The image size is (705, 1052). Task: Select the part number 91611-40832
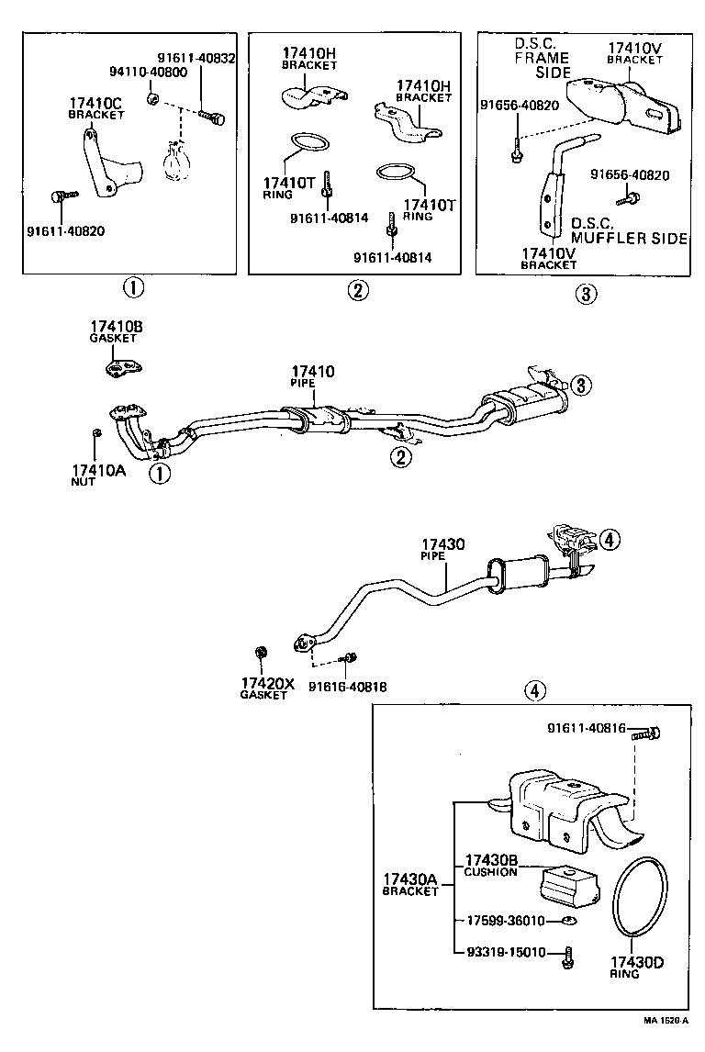[196, 57]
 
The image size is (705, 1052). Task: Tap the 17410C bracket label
[97, 108]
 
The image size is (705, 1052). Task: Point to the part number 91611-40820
[65, 230]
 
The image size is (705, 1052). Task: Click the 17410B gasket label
[116, 331]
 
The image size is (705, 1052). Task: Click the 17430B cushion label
[490, 864]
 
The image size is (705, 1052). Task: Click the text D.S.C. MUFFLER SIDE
[628, 230]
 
